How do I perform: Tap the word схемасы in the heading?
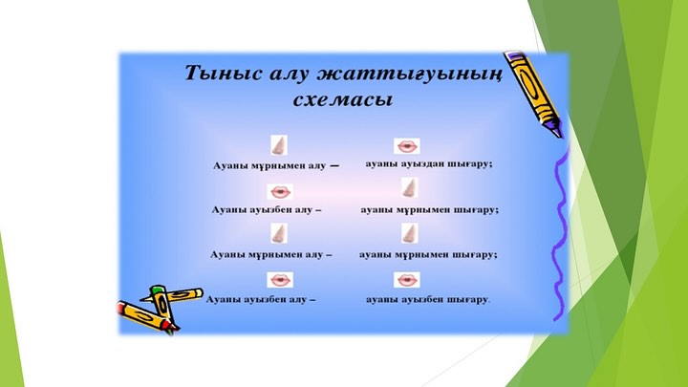pos(343,99)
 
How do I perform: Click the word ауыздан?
pos(421,164)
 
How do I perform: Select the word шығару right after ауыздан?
pos(469,164)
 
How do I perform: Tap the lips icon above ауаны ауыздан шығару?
pos(407,146)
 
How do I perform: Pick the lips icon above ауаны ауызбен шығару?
pos(407,279)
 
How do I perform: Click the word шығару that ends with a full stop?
pos(467,300)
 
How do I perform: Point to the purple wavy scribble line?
pos(560,232)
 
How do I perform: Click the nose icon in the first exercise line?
pos(279,145)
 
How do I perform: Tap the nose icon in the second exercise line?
pos(409,188)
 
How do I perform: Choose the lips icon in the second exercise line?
pos(279,192)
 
